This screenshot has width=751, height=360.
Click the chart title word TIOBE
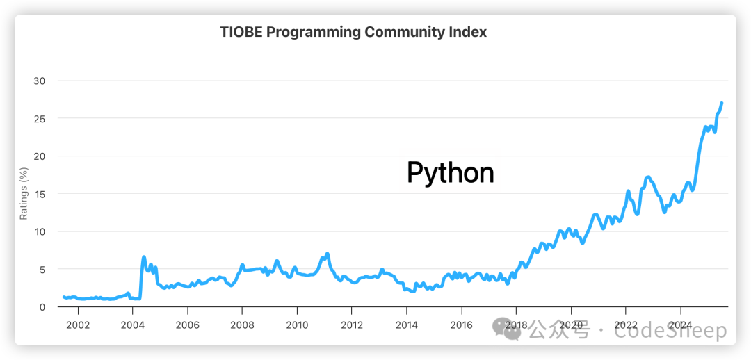[x=240, y=32]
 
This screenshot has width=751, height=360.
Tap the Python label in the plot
[x=450, y=173]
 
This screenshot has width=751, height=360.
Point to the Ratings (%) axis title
[x=23, y=193]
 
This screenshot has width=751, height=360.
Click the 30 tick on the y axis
[x=40, y=81]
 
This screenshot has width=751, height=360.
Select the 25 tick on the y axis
[x=40, y=118]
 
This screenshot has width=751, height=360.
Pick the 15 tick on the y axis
[x=40, y=194]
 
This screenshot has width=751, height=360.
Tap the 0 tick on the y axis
[x=42, y=306]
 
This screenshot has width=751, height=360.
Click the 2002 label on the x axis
[x=77, y=325]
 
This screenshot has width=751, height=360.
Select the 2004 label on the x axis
[x=132, y=325]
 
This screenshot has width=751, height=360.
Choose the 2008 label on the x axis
[x=242, y=325]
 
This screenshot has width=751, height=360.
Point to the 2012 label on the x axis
[x=352, y=325]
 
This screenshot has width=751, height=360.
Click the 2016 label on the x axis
[x=462, y=325]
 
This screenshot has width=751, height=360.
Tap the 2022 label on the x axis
[x=626, y=325]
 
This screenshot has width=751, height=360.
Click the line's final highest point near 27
[x=722, y=103]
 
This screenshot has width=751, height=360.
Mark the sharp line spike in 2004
[x=144, y=257]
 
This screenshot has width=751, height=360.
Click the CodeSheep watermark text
[x=668, y=332]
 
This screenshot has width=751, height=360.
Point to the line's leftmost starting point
[x=64, y=297]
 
